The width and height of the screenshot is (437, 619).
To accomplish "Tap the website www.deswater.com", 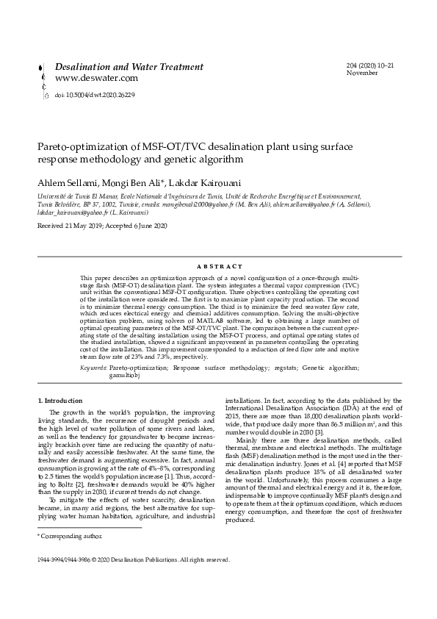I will click(x=96, y=77).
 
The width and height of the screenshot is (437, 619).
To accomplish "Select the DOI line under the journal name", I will click(x=95, y=95).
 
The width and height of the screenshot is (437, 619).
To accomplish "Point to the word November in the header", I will click(x=361, y=74).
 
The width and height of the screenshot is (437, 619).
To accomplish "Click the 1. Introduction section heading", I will click(x=60, y=400).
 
